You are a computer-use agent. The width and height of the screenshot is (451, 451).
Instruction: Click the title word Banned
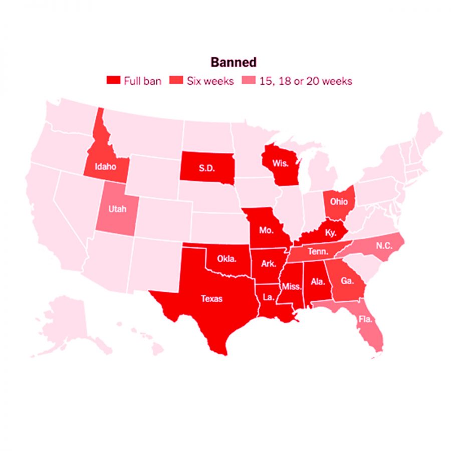(233, 62)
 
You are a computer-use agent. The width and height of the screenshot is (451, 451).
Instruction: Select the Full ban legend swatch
(114, 81)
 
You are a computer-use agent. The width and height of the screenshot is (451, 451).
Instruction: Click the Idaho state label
(105, 166)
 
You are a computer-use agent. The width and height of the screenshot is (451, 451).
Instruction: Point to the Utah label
(117, 208)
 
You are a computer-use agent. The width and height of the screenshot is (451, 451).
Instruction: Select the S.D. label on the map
(206, 168)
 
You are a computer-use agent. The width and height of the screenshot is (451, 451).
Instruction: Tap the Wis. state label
(280, 163)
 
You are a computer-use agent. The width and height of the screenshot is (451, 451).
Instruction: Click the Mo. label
(266, 231)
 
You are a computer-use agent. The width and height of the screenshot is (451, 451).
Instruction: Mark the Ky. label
(330, 232)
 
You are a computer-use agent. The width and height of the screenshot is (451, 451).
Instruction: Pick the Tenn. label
(318, 252)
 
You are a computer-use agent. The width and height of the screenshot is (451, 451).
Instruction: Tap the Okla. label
(227, 259)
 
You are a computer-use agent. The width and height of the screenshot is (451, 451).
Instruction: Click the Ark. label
(269, 263)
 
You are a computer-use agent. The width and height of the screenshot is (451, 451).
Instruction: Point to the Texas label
(211, 299)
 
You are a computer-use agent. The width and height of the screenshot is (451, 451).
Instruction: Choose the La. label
(268, 297)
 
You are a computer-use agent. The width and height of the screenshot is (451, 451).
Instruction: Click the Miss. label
(291, 287)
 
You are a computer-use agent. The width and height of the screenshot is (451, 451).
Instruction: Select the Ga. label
(347, 282)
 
